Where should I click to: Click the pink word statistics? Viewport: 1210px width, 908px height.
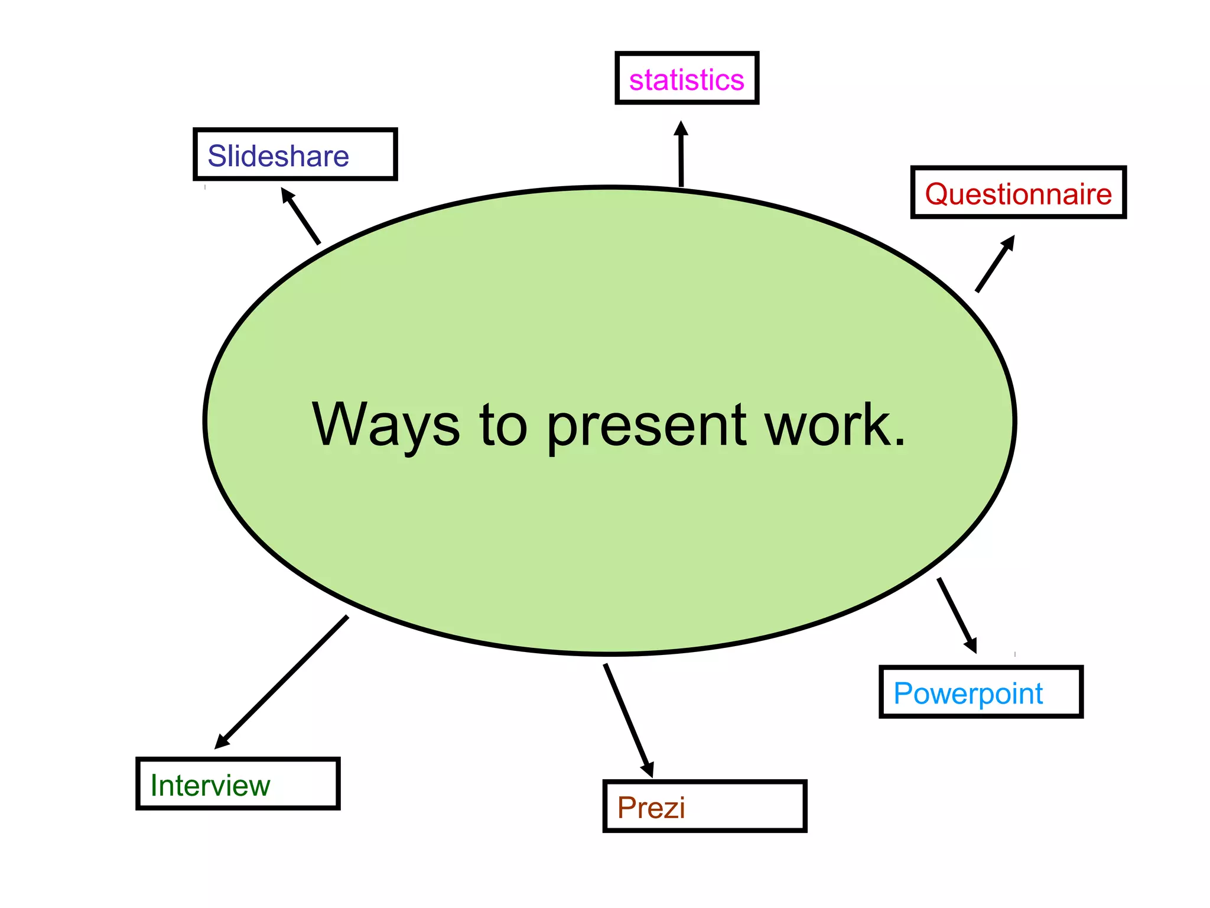coord(686,80)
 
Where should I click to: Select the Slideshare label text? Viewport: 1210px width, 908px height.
coord(278,156)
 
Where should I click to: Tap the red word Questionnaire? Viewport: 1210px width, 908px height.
coord(1018,194)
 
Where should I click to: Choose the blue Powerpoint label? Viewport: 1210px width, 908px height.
coord(968,693)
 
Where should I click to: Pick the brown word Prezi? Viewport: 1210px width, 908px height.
coord(650,808)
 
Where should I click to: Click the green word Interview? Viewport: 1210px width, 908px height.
coord(210,786)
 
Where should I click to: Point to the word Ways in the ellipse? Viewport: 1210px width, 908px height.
coord(385,425)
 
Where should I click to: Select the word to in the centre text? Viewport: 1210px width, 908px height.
coord(503,425)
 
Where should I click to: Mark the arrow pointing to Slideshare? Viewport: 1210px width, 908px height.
coord(301,216)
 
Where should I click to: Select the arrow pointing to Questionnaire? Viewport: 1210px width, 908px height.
coord(995,264)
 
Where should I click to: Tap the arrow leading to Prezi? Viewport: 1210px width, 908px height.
coord(628,719)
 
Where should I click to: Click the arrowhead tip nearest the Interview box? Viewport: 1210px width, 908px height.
coord(217,747)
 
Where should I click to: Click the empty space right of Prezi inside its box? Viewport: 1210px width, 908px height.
coord(744,808)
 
